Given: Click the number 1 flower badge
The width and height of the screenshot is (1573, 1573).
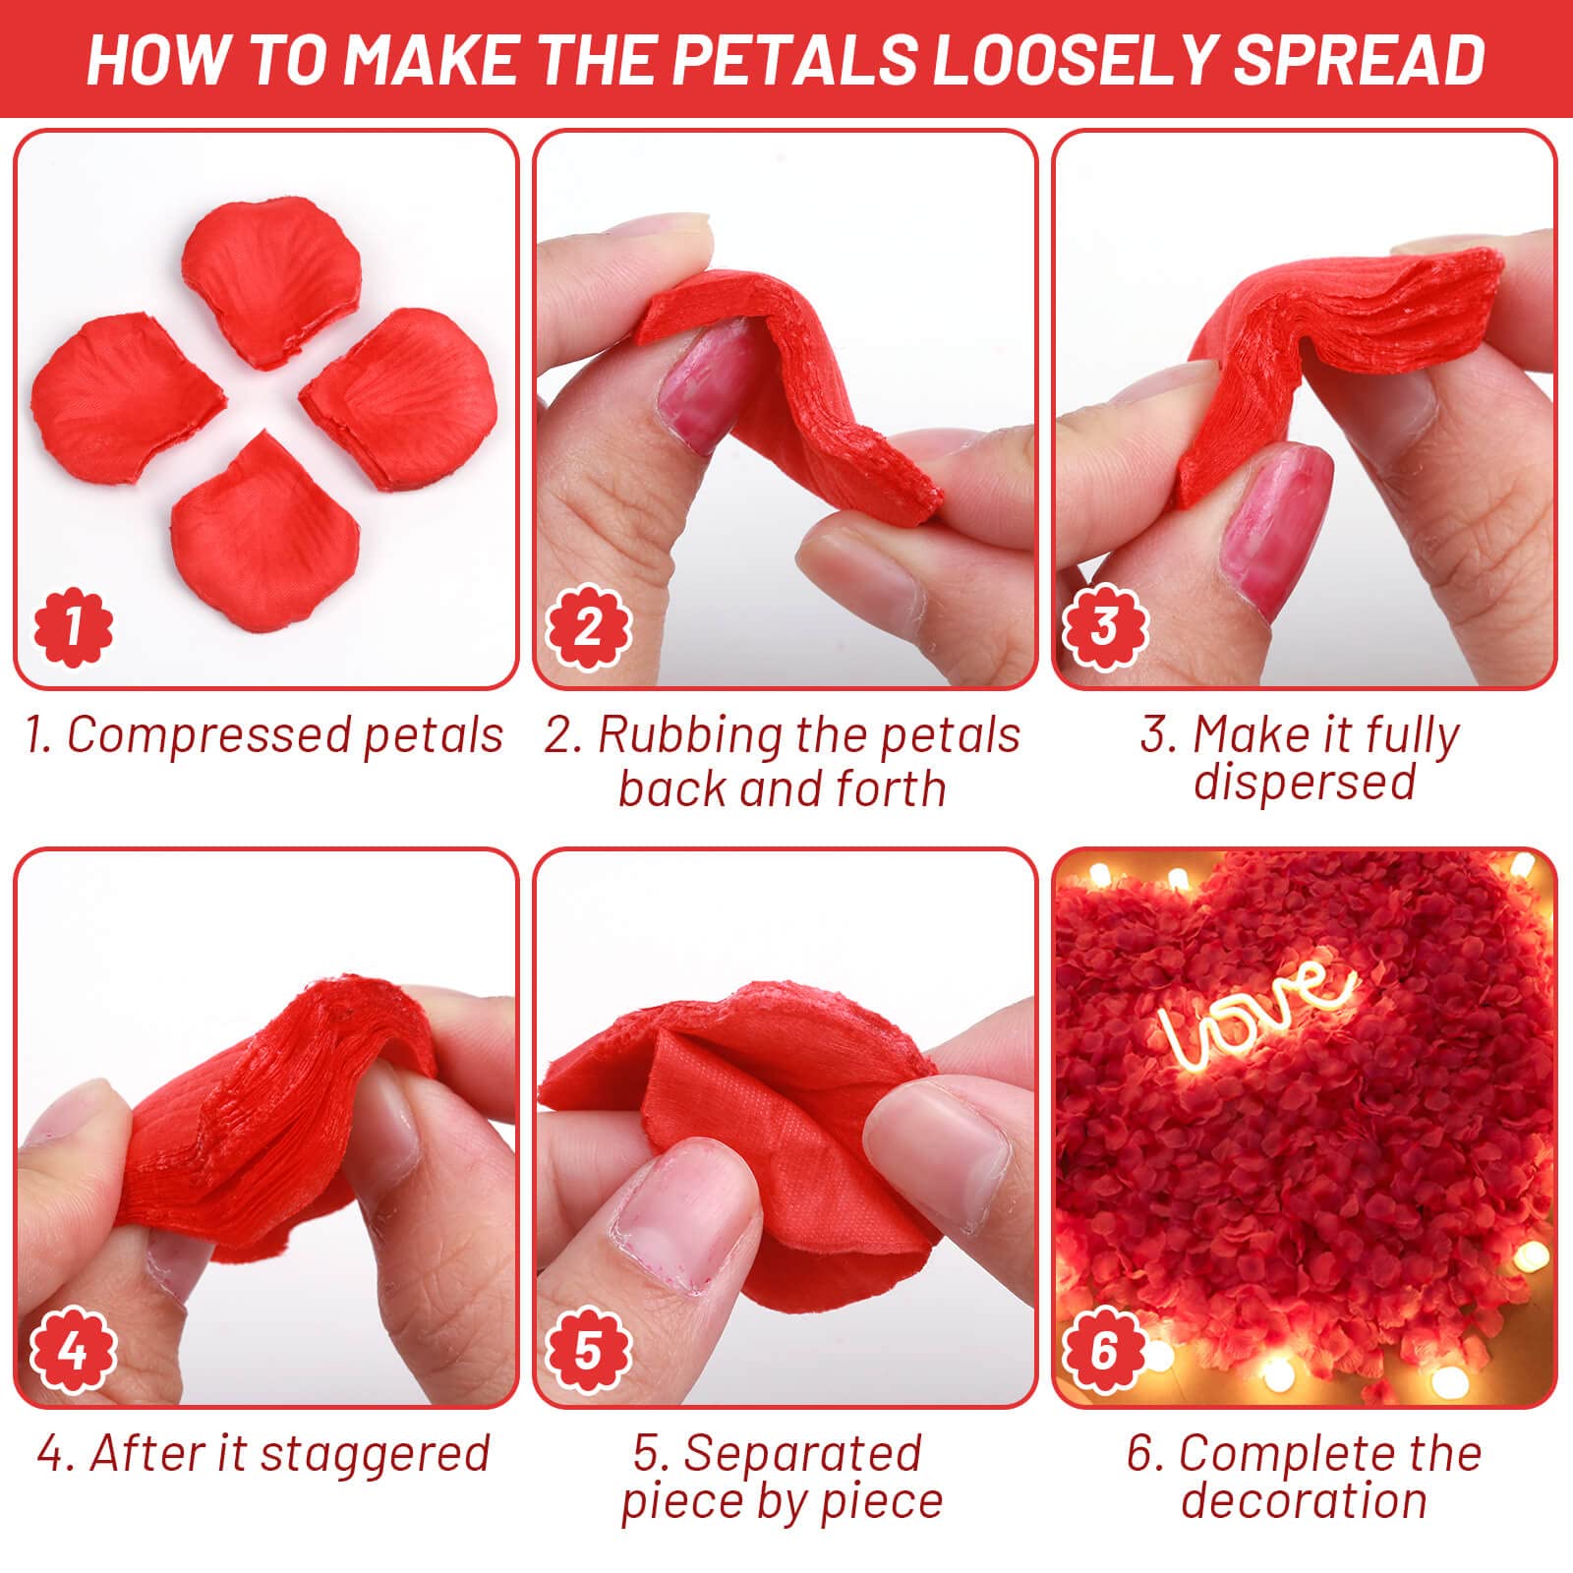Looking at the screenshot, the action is click(73, 626).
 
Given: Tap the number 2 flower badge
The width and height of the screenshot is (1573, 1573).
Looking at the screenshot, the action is click(588, 626).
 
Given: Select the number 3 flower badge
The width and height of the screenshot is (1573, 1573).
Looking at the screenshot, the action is click(1105, 626).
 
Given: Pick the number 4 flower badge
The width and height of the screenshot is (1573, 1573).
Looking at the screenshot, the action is click(73, 1350).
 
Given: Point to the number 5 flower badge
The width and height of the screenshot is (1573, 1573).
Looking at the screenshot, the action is click(588, 1350).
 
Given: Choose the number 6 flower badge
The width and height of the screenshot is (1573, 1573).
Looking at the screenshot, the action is click(1105, 1350).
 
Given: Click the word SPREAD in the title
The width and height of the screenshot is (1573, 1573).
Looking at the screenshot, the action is click(1358, 59).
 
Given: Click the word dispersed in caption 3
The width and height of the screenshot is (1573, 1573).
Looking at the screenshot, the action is click(1304, 782).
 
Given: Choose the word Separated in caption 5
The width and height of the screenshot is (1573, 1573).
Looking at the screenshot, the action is click(802, 1453).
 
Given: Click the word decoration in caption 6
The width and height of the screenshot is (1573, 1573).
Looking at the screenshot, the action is click(1304, 1501).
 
